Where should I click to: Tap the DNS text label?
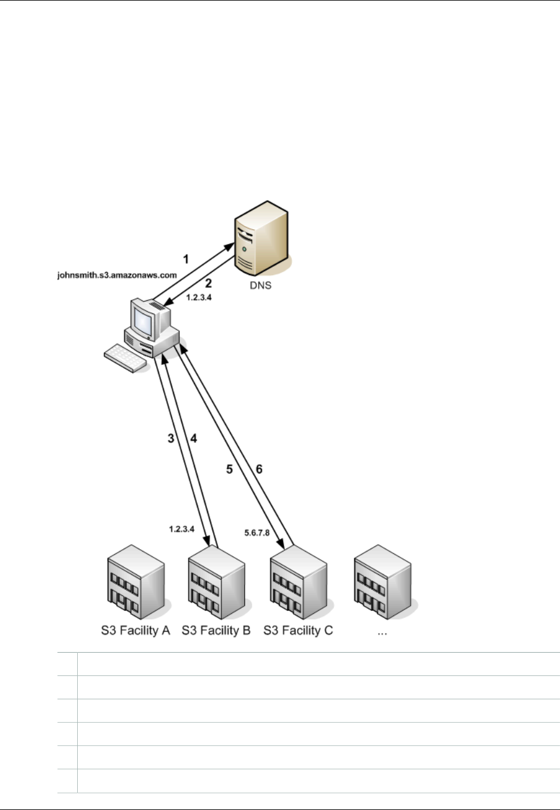[x=260, y=285]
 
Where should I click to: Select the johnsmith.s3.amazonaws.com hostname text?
[x=117, y=276]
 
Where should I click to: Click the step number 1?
[x=185, y=259]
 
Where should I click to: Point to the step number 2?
[x=209, y=284]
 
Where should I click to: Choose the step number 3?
[x=171, y=439]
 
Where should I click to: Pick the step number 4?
[x=193, y=439]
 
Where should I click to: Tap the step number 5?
[x=229, y=470]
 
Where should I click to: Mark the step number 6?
[x=259, y=470]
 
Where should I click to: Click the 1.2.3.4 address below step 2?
[x=199, y=296]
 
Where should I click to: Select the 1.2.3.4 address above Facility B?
[x=182, y=529]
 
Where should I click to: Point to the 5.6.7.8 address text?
[x=258, y=532]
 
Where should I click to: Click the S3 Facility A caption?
[x=135, y=631]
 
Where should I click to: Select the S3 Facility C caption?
[x=298, y=631]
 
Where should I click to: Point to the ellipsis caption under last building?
[x=382, y=632]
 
